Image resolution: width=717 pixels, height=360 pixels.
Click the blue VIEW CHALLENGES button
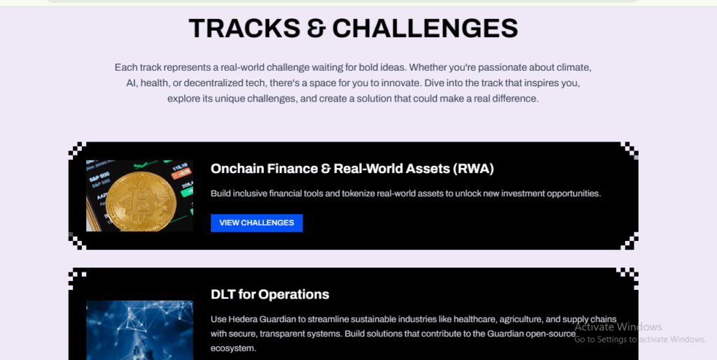(x=256, y=223)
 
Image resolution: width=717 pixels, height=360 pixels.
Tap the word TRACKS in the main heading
(x=235, y=28)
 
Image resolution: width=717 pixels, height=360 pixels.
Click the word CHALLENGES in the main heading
(x=425, y=28)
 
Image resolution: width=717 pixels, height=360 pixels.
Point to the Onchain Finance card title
(x=351, y=169)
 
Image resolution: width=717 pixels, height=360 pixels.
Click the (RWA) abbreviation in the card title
(x=473, y=169)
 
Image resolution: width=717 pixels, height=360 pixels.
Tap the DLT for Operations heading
(x=270, y=294)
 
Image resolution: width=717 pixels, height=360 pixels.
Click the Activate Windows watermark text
(x=618, y=327)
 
